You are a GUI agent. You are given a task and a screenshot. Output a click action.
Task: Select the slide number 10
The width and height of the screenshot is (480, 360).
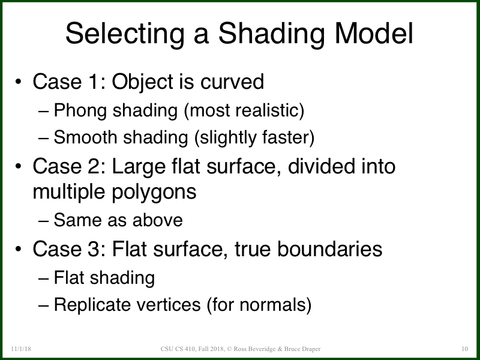click(x=464, y=349)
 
